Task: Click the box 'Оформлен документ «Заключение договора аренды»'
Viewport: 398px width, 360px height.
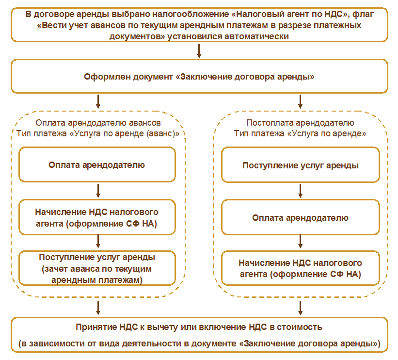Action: [199, 77]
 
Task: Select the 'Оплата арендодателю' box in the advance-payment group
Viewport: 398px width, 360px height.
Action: [97, 165]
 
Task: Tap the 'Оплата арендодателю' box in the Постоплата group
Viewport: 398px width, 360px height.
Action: [300, 217]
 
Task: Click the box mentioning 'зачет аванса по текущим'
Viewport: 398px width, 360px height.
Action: [97, 268]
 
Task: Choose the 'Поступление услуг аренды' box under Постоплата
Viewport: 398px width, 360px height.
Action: [300, 165]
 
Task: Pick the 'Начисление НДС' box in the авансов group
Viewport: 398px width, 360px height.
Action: [97, 217]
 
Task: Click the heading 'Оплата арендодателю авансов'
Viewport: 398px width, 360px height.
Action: [98, 123]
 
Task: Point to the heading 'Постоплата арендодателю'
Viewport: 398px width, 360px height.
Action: [301, 123]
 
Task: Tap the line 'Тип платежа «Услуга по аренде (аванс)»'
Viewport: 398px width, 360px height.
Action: [98, 133]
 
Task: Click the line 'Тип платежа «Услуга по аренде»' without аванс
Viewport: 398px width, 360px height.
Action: [301, 133]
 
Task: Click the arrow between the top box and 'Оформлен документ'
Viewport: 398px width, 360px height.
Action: [199, 51]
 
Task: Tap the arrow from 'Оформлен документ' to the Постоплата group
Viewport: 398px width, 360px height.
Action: [301, 101]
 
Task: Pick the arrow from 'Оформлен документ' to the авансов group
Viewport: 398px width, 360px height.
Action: [98, 101]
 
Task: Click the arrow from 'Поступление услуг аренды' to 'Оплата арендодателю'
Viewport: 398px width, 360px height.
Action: [301, 191]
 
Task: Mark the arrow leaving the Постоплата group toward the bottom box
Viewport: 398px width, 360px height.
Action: [301, 308]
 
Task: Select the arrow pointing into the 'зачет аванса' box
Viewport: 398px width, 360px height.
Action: [98, 241]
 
